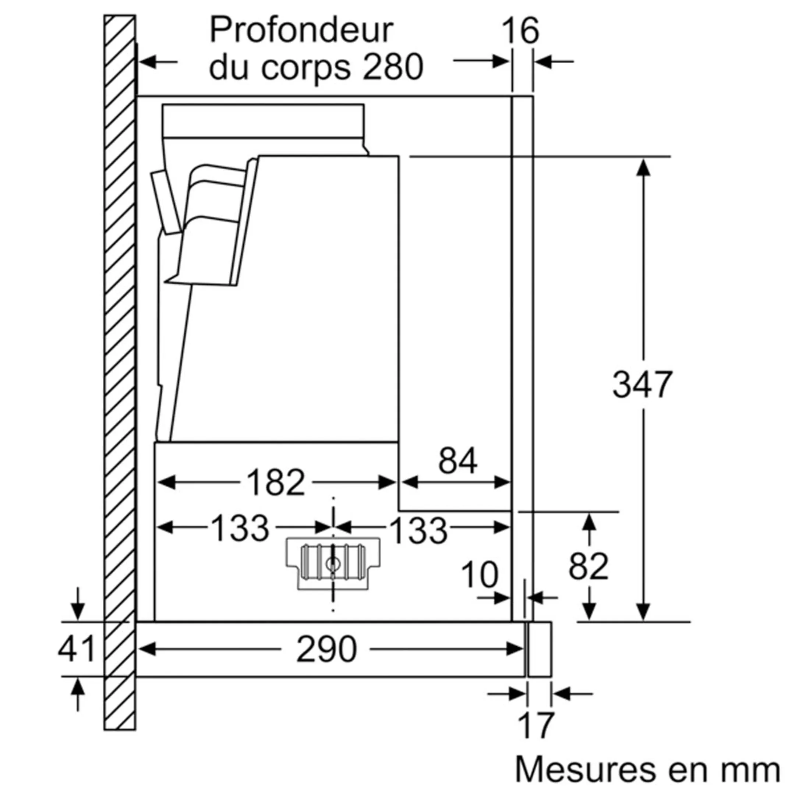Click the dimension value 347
click(642, 384)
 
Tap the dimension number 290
click(326, 649)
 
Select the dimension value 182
click(276, 483)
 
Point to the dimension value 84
click(458, 460)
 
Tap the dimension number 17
click(536, 726)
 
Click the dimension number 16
click(520, 31)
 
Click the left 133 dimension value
click(240, 528)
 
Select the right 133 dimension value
click(418, 531)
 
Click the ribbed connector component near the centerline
click(333, 563)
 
